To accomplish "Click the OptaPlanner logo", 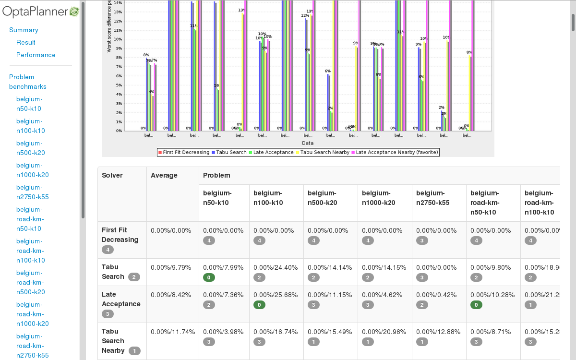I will [40, 12].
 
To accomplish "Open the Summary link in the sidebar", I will [24, 30].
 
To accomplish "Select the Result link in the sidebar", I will [26, 42].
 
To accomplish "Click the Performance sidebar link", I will [36, 55].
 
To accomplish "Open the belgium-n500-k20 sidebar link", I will [30, 148].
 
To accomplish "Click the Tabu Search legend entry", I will [229, 152].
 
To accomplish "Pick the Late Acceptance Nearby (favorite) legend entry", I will [395, 152].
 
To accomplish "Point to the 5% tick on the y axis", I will [118, 85].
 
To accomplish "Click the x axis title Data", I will [308, 143].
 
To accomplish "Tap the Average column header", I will [164, 175].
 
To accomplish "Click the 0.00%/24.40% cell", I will [276, 267].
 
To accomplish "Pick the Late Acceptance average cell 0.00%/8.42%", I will [171, 295].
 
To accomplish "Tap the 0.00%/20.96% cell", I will [384, 332].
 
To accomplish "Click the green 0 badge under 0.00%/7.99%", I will [209, 277].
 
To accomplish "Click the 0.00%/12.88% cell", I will [438, 332].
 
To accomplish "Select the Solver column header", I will [112, 175].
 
